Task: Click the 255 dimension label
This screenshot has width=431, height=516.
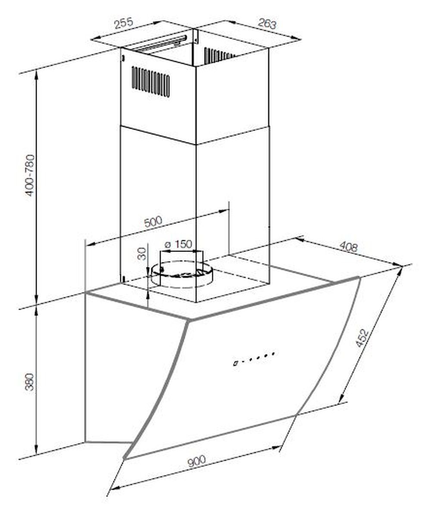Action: click(x=124, y=23)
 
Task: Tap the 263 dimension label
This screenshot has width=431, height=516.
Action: click(x=267, y=24)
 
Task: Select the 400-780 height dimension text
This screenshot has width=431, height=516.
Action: click(x=30, y=175)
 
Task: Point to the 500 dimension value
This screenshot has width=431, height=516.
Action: click(x=153, y=221)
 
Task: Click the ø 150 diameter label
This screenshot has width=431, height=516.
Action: click(x=178, y=244)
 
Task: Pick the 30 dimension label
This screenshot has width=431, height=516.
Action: click(x=142, y=254)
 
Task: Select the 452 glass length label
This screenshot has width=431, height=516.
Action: click(x=362, y=338)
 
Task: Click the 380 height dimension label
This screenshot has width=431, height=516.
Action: click(x=30, y=382)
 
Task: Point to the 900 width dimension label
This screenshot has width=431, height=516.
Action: click(x=197, y=461)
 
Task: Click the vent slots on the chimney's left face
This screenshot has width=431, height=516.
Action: click(x=151, y=81)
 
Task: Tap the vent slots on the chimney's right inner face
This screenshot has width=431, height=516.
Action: click(x=219, y=55)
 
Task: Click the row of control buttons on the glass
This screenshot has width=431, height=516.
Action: click(x=253, y=359)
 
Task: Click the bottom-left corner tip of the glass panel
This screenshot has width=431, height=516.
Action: click(x=125, y=458)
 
